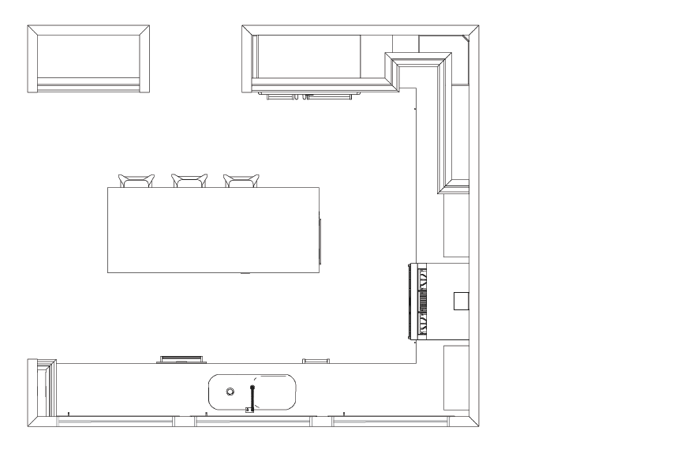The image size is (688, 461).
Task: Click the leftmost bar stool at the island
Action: point(136,181)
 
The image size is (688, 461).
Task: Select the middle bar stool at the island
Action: point(189,181)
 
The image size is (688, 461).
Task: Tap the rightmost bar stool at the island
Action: point(241,181)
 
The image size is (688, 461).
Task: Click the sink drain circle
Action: point(230,392)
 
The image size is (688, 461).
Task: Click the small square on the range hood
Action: point(461,301)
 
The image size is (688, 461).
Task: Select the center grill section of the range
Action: point(424,302)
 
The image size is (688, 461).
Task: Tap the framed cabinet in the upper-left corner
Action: point(88,58)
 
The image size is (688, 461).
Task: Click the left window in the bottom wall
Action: point(117,422)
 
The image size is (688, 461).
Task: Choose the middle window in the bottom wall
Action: point(253,422)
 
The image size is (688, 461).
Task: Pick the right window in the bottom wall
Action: point(389,422)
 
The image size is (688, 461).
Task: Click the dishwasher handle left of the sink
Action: point(182,360)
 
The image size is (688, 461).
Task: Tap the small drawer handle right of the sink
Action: point(316,361)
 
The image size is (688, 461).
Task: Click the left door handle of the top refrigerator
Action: point(279,97)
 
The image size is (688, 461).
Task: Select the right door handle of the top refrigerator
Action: point(329,97)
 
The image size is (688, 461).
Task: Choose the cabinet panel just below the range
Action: point(456,377)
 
